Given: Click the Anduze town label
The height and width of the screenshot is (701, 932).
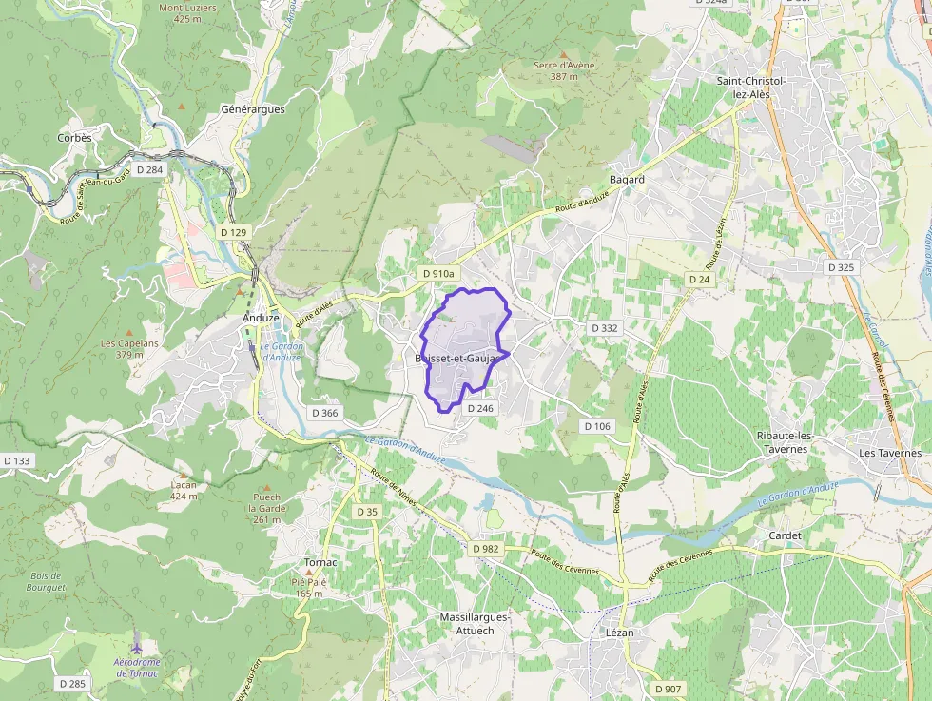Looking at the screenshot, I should pyautogui.click(x=261, y=318).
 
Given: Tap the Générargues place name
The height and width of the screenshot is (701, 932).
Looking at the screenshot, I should pyautogui.click(x=253, y=109).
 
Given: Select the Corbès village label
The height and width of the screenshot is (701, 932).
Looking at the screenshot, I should pyautogui.click(x=74, y=138).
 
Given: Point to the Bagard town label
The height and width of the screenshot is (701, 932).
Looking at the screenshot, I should pyautogui.click(x=627, y=179).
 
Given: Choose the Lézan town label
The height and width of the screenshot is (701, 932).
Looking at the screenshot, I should pyautogui.click(x=619, y=632).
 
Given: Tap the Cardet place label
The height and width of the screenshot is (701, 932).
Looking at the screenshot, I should pyautogui.click(x=785, y=535).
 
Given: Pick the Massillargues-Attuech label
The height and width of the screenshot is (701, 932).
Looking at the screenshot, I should pyautogui.click(x=475, y=623).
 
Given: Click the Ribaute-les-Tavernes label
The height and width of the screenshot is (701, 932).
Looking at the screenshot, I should pyautogui.click(x=783, y=442).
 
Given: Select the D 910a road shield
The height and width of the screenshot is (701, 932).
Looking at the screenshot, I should pyautogui.click(x=438, y=273).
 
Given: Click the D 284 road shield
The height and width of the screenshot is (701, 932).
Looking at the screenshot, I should pyautogui.click(x=150, y=169).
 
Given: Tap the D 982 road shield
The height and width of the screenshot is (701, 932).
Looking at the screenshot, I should pyautogui.click(x=485, y=549).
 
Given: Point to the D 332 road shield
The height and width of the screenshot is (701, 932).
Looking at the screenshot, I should pyautogui.click(x=605, y=327).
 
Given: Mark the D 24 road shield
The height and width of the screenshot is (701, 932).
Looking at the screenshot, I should pyautogui.click(x=699, y=279).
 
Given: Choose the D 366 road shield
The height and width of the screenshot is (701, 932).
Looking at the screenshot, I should pyautogui.click(x=324, y=413).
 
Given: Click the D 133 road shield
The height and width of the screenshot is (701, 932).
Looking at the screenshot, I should pyautogui.click(x=17, y=460).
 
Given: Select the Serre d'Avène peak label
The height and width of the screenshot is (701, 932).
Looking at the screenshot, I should pyautogui.click(x=564, y=70).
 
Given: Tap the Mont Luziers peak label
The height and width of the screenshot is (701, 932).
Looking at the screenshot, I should pyautogui.click(x=187, y=12).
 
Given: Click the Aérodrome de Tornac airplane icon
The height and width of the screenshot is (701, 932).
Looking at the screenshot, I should pyautogui.click(x=136, y=648).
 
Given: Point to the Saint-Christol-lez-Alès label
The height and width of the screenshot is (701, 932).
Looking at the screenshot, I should pyautogui.click(x=751, y=88).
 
